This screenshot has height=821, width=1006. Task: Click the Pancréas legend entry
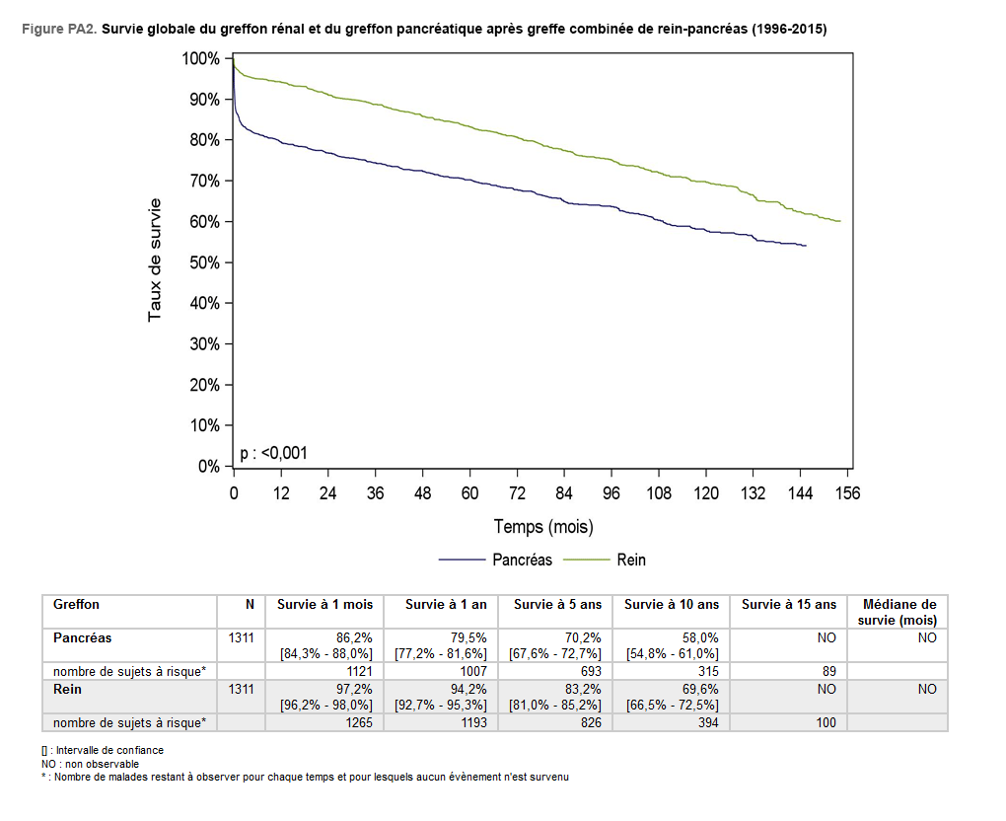tap(522, 560)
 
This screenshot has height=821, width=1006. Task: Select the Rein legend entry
tap(631, 560)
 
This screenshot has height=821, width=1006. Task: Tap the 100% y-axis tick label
tap(200, 59)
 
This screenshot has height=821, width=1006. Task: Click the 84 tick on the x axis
tap(564, 493)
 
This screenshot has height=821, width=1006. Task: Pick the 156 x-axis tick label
tap(847, 493)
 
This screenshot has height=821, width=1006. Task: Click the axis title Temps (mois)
tap(543, 527)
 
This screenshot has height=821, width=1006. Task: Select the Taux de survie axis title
tap(155, 260)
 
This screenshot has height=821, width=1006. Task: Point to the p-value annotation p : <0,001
tap(274, 453)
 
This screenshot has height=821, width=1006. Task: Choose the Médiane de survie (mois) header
tap(898, 612)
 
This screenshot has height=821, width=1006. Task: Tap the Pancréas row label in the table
tap(83, 638)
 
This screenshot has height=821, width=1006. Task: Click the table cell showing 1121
tap(357, 671)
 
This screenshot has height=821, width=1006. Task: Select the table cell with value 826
tap(587, 722)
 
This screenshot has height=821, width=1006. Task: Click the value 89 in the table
tap(827, 671)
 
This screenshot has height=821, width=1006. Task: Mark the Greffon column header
tap(77, 605)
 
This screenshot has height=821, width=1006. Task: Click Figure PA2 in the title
tap(58, 30)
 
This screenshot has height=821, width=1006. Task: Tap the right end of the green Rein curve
tap(839, 221)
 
